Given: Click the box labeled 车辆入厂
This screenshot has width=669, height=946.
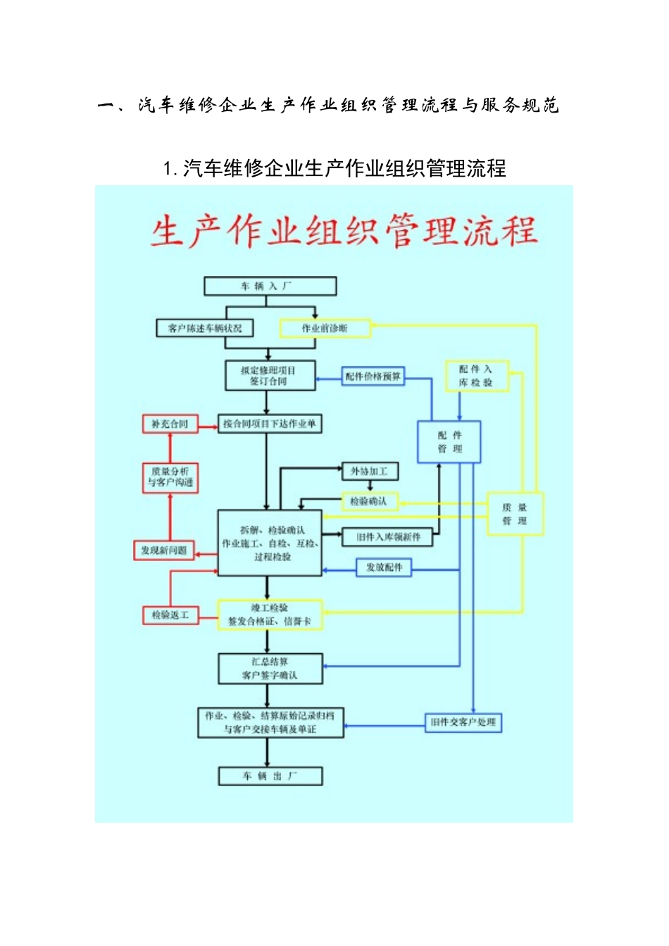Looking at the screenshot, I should point(270,286).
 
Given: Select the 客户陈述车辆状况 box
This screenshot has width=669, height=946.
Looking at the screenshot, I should point(204,328).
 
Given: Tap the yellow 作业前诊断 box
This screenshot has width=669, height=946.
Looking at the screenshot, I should point(325,328).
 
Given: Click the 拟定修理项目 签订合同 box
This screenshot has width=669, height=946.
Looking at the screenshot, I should point(270,375).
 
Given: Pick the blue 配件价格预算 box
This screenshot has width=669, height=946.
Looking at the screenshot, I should point(373,377).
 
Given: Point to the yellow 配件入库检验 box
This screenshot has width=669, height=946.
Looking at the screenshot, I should point(476,376).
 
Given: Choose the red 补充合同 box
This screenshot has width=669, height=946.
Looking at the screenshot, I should point(170,424).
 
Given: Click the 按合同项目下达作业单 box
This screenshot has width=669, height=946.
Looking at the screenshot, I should point(269,424).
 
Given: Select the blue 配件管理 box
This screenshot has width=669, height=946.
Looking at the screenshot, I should point(449,442).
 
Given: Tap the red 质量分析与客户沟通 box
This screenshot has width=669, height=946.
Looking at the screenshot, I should point(170,477).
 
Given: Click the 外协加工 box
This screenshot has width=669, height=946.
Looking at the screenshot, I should point(370,471).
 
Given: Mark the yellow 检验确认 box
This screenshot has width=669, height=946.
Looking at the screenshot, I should point(370,501).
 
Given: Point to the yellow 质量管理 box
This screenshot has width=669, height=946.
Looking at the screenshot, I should point(515,514).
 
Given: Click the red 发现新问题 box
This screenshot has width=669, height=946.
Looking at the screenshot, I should point(163,550).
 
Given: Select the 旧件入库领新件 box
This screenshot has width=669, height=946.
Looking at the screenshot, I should point(388,537).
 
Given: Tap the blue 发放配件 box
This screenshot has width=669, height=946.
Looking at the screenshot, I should point(384,567).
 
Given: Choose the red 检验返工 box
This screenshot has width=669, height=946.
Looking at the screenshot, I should point(170,615).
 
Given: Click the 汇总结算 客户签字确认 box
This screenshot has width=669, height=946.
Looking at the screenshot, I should point(270,669).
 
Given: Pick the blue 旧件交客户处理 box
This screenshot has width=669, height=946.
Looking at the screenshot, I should point(463,722).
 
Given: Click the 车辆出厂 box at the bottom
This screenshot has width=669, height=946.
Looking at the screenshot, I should point(270,776).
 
